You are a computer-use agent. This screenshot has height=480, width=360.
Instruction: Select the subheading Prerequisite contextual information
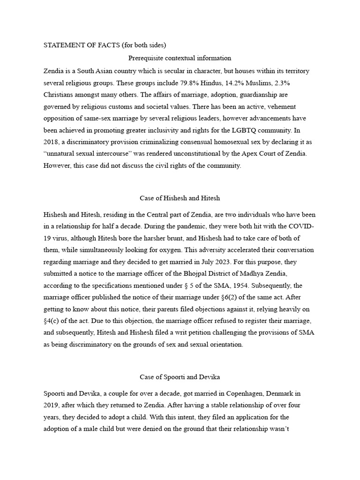(x=180, y=58)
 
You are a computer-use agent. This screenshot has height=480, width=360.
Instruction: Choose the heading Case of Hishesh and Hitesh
(x=180, y=198)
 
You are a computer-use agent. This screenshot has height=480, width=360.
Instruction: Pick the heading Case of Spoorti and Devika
(x=180, y=377)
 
